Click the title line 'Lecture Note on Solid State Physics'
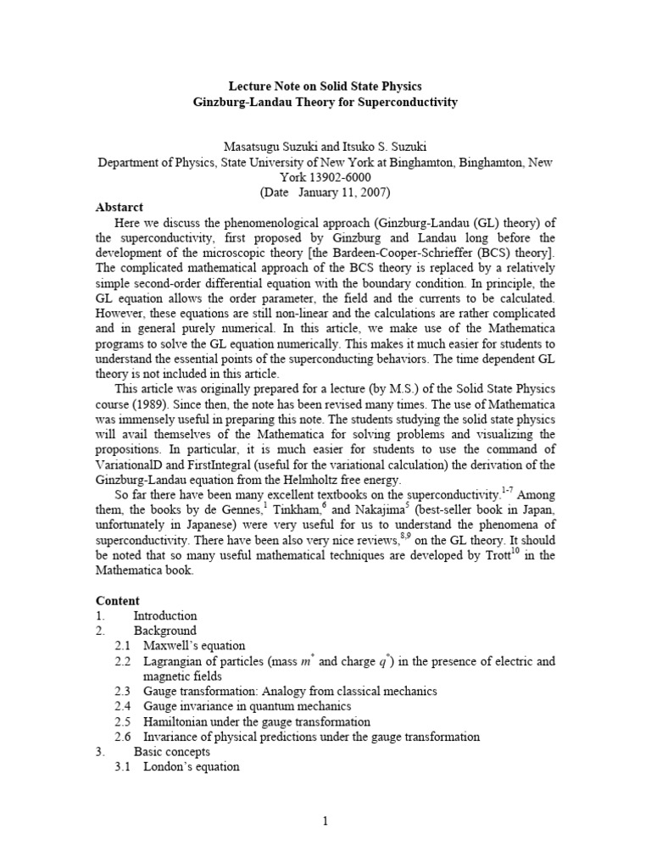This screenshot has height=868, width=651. (325, 86)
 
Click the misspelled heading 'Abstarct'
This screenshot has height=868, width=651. (120, 207)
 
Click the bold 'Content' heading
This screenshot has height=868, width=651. (118, 600)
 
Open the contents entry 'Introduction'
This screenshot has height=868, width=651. (165, 615)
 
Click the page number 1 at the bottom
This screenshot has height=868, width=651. (325, 821)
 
